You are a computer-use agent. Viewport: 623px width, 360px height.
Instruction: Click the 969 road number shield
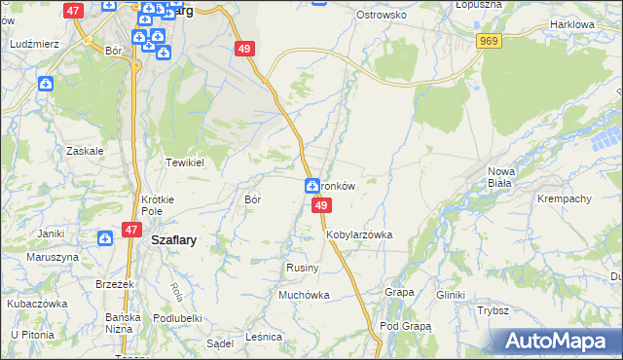(x=489, y=41)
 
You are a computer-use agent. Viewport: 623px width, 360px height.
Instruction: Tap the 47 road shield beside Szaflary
(x=130, y=230)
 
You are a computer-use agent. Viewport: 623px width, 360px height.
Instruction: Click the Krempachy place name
(x=565, y=198)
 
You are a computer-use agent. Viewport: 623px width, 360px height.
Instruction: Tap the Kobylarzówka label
(x=359, y=234)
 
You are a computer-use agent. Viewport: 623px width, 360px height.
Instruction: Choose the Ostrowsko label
(x=381, y=16)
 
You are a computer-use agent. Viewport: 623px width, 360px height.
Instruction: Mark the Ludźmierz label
(x=34, y=45)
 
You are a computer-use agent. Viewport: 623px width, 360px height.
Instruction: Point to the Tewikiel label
(x=184, y=162)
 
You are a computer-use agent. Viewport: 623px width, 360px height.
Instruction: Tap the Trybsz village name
(x=494, y=310)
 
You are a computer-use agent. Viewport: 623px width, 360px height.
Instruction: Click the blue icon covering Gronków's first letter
(x=312, y=186)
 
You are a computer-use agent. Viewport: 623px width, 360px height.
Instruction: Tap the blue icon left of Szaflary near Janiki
(x=104, y=237)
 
